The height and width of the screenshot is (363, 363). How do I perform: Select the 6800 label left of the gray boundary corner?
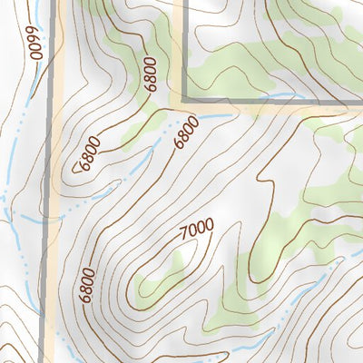pyautogui.click(x=150, y=74)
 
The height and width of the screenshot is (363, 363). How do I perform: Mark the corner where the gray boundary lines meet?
pyautogui.click(x=184, y=100)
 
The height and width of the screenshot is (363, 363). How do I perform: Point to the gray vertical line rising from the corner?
pyautogui.click(x=184, y=45)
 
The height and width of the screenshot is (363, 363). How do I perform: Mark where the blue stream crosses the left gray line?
pyautogui.click(x=49, y=219)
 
